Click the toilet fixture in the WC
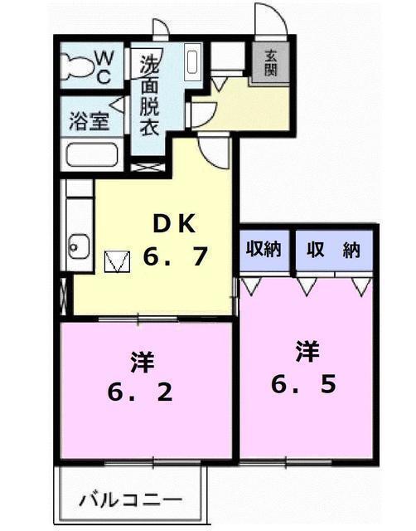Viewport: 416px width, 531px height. (77, 66)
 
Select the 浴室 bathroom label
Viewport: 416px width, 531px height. (89, 121)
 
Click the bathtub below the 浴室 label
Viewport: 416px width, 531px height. (91, 155)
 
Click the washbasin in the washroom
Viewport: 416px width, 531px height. (191, 62)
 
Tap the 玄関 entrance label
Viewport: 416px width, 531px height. (271, 63)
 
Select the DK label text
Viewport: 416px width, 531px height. (175, 224)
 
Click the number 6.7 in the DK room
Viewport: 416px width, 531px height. (175, 256)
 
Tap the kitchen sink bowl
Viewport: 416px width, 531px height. (79, 246)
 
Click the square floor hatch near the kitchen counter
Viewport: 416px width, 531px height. (117, 261)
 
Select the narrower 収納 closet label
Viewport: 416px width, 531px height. (264, 250)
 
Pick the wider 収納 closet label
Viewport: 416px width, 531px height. (333, 250)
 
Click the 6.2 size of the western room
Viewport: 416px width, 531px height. (140, 392)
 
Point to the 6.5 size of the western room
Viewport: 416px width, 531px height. (304, 384)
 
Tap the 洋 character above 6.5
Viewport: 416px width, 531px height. (307, 351)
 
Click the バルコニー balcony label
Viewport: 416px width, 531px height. (131, 500)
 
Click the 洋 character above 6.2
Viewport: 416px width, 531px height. (143, 362)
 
